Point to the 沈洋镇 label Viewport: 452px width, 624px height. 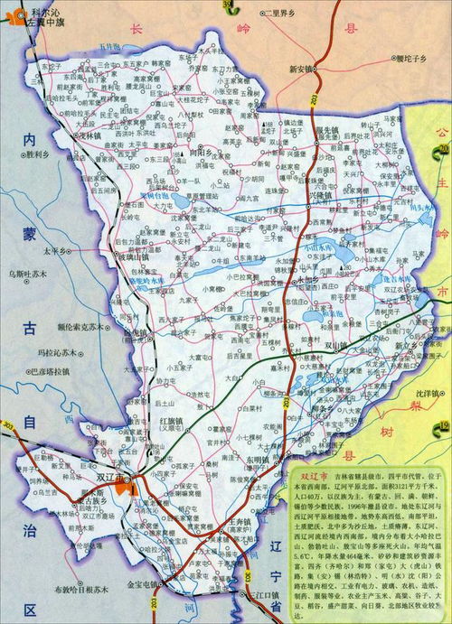click(421, 395)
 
